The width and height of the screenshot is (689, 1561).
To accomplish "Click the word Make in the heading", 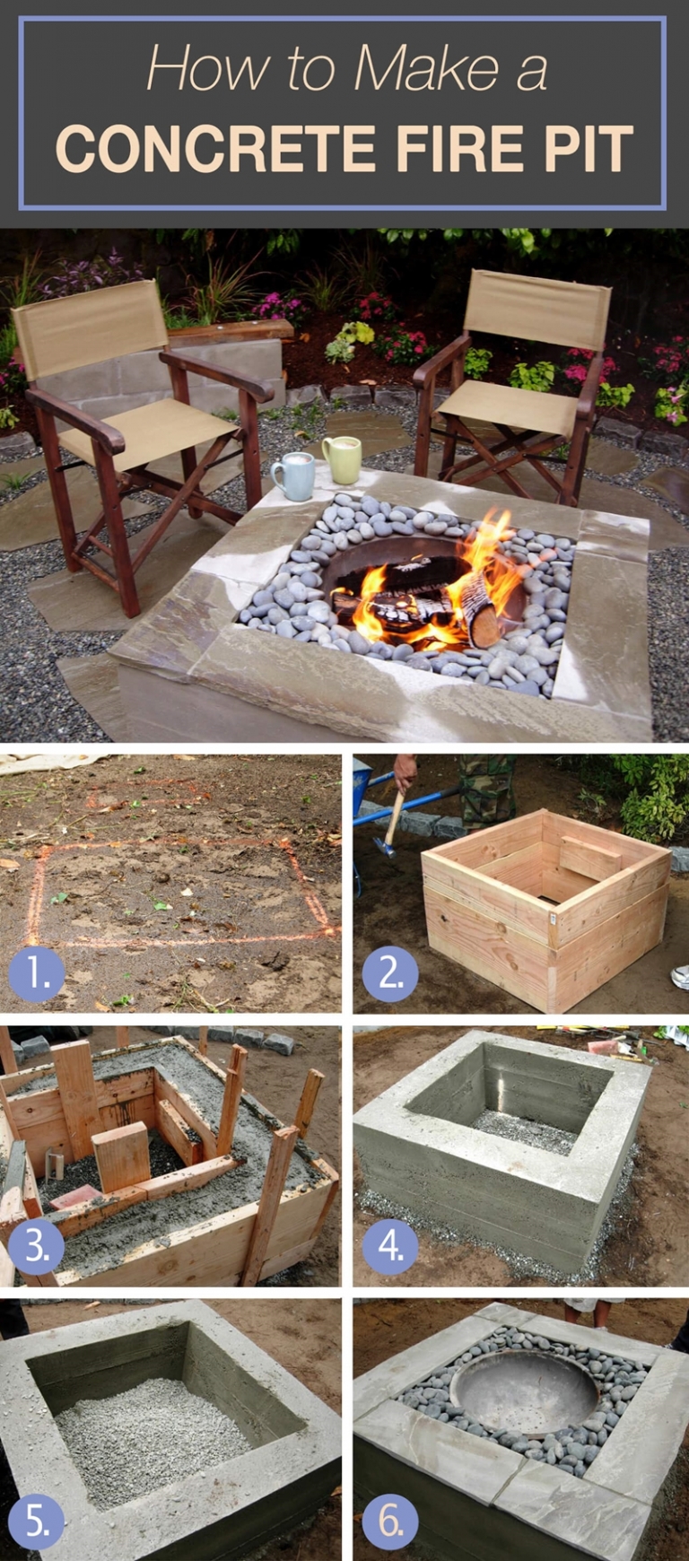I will coord(426,69).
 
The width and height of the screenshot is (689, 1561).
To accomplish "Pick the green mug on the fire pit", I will coord(342,459).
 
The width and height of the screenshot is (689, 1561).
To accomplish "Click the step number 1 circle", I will coord(36,974).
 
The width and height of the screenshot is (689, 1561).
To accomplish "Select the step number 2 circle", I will coord(391,974).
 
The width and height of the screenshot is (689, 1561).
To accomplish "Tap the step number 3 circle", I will coord(36,1247).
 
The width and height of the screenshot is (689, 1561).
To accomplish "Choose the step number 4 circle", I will coord(391,1247).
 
